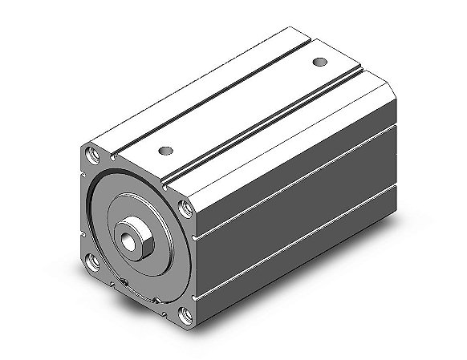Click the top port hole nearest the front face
coord(165,148)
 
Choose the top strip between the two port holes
coord(241,104)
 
